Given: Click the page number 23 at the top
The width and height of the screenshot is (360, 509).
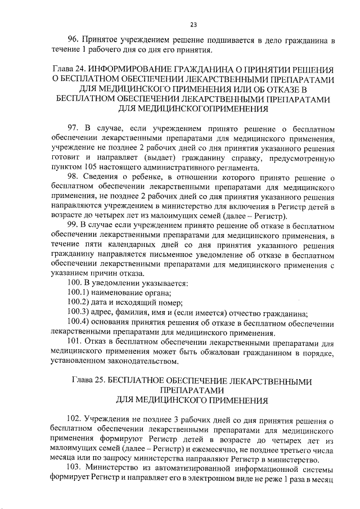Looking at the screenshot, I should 193,24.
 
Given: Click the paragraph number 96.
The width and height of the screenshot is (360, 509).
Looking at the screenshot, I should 73,40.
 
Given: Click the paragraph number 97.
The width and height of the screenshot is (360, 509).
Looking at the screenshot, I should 73,129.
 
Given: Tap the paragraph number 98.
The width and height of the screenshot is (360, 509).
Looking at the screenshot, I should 73,178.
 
